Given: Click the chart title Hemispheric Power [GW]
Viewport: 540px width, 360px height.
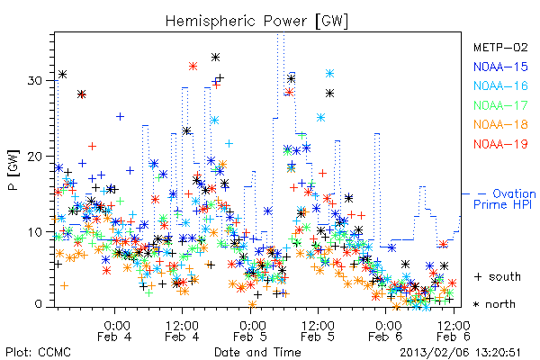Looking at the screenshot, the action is (256, 22).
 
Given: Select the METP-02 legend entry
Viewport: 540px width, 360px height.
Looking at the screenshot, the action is (500, 47).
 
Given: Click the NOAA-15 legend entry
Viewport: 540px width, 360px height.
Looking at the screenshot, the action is (500, 67).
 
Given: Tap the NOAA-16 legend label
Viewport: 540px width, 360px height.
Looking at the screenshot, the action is (500, 85).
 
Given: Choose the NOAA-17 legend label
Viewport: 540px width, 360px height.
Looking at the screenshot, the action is (500, 105).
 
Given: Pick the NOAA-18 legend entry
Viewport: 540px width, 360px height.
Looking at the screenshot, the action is (500, 124).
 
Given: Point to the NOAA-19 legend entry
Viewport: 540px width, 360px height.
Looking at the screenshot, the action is (500, 144).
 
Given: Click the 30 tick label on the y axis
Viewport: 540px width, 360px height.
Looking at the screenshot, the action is (34, 81).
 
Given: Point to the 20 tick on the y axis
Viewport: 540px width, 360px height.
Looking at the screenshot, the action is (34, 157).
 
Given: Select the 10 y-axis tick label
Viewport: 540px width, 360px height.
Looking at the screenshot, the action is (34, 232).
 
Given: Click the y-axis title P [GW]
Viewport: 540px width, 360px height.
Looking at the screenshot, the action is (13, 170).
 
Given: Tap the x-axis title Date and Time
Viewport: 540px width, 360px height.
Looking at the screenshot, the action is (257, 353).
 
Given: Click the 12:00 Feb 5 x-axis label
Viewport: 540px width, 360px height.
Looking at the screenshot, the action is (318, 331).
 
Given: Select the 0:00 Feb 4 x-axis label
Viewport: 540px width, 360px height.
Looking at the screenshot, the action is (114, 331).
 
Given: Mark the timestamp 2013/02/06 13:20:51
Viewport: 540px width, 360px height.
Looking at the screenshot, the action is (460, 353).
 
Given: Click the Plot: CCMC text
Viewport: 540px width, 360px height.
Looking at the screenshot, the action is (38, 353).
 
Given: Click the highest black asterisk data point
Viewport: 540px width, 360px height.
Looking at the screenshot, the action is (216, 58).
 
